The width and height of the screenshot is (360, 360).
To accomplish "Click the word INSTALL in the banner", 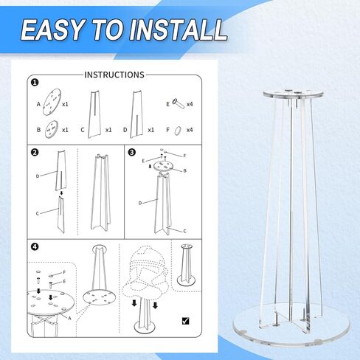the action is coord(178,30).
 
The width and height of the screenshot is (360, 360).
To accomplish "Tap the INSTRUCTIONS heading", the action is coord(114,75).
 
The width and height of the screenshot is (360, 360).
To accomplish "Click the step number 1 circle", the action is coord(35,82).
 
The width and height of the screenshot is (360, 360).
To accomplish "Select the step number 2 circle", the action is coord(35,153).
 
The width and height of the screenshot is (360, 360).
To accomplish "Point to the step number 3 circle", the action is coord(132,153).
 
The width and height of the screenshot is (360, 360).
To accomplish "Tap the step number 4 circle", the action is coord(35,246).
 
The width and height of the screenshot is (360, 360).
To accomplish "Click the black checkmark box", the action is coord(186,321).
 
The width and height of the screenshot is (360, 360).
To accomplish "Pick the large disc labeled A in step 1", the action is coord(52,102).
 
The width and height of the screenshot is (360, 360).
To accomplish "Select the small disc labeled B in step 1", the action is coord(52,129).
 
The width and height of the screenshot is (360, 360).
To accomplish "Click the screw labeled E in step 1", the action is coord(178,103).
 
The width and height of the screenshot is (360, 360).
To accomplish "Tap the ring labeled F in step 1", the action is coord(178,131).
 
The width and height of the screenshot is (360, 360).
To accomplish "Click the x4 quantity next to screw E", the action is coord(190,104).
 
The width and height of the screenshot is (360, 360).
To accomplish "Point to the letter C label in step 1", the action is coord(83,130).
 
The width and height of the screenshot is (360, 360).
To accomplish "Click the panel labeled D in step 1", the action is coord(136,114).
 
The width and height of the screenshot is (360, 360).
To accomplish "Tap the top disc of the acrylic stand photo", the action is coord(293,94).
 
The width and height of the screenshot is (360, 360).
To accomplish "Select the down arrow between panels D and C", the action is coord(61,193).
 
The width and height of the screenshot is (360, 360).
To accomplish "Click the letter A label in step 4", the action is coord(69,319).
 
